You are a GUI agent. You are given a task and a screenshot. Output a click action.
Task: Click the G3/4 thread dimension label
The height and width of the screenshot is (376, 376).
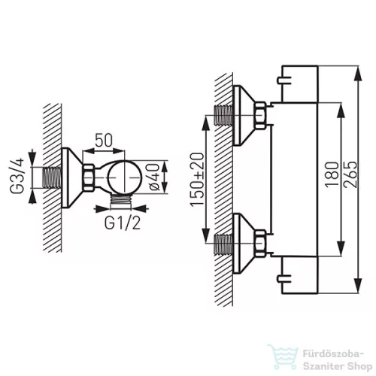tap(17, 176)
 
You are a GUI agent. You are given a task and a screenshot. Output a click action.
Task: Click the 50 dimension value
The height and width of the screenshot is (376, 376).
tap(104, 140)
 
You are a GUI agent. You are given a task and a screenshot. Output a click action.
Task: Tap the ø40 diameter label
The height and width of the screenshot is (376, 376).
tap(153, 177)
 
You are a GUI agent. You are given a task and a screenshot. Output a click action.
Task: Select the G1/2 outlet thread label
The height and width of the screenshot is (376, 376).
tap(122, 223)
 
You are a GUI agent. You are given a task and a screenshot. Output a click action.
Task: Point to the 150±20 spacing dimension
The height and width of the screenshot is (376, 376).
tap(197, 180)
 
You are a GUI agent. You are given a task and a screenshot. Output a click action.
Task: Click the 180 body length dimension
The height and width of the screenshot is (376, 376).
tap(332, 174)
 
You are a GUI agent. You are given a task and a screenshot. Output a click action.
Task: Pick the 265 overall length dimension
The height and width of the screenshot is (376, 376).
tap(350, 174)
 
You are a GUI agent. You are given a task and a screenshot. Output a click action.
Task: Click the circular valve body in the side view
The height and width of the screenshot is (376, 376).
tap(125, 177)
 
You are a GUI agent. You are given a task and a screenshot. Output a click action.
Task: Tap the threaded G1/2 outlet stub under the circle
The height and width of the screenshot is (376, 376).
tap(121, 201)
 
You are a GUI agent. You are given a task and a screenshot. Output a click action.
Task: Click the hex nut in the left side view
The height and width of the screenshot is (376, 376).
tap(89, 177)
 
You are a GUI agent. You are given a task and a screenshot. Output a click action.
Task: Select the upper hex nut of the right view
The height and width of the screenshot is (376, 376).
tap(261, 115)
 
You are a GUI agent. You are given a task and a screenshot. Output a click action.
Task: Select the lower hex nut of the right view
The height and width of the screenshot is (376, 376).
tap(261, 243)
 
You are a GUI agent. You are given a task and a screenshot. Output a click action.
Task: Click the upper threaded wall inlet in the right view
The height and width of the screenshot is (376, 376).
tap(224, 115)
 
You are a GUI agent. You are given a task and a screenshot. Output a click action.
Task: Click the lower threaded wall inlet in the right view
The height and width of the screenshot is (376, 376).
tap(224, 244)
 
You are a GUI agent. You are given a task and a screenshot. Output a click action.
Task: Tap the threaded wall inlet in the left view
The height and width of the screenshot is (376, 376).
tap(52, 177)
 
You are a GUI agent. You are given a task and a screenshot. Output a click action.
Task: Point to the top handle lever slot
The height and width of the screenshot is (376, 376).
tap(284, 80)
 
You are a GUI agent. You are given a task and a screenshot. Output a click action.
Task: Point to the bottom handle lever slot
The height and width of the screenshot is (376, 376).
tap(284, 278)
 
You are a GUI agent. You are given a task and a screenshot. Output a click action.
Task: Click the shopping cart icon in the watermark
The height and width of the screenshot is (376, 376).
tap(283, 356)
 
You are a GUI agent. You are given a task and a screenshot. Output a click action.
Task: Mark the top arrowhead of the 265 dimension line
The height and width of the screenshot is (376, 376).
tap(359, 73)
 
